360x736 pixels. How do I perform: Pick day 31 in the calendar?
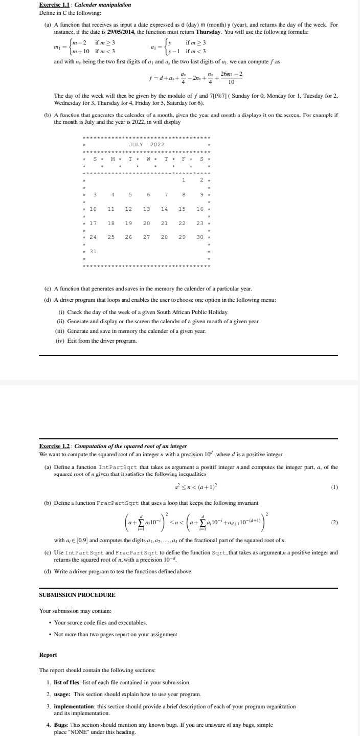(94, 251)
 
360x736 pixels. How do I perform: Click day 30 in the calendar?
(200, 237)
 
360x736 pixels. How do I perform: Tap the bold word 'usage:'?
(62, 694)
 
